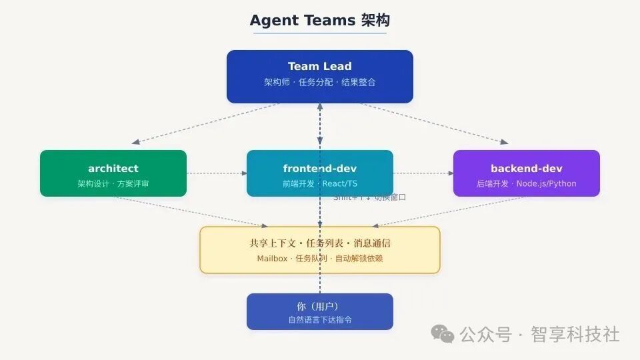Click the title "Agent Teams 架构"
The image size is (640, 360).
coord(319,20)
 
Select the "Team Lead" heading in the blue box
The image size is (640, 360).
coord(319,66)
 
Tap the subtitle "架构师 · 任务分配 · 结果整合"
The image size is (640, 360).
coord(319,82)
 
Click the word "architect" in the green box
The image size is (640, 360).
coord(113,168)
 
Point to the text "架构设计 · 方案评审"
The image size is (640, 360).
coord(113,183)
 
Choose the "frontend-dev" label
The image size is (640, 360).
coord(319,168)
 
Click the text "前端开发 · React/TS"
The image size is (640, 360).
coord(319,183)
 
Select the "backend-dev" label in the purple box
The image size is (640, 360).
coord(526,168)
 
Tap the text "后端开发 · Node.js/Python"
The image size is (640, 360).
coord(526,183)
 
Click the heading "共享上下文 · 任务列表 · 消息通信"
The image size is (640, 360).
coord(319,243)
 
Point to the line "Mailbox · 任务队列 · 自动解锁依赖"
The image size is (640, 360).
coord(319,259)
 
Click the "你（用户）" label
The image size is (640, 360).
coord(319,306)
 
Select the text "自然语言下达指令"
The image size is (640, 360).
coord(319,320)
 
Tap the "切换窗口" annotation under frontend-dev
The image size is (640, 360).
coord(390,197)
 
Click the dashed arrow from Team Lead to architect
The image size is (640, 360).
coord(207,123)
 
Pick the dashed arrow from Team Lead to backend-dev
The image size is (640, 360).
coord(433,123)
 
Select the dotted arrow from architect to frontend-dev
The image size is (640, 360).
coord(217,173)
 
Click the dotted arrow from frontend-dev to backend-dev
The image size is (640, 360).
coord(423,173)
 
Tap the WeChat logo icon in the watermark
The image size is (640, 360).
coord(443,333)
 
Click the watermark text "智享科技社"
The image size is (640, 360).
coord(575,333)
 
